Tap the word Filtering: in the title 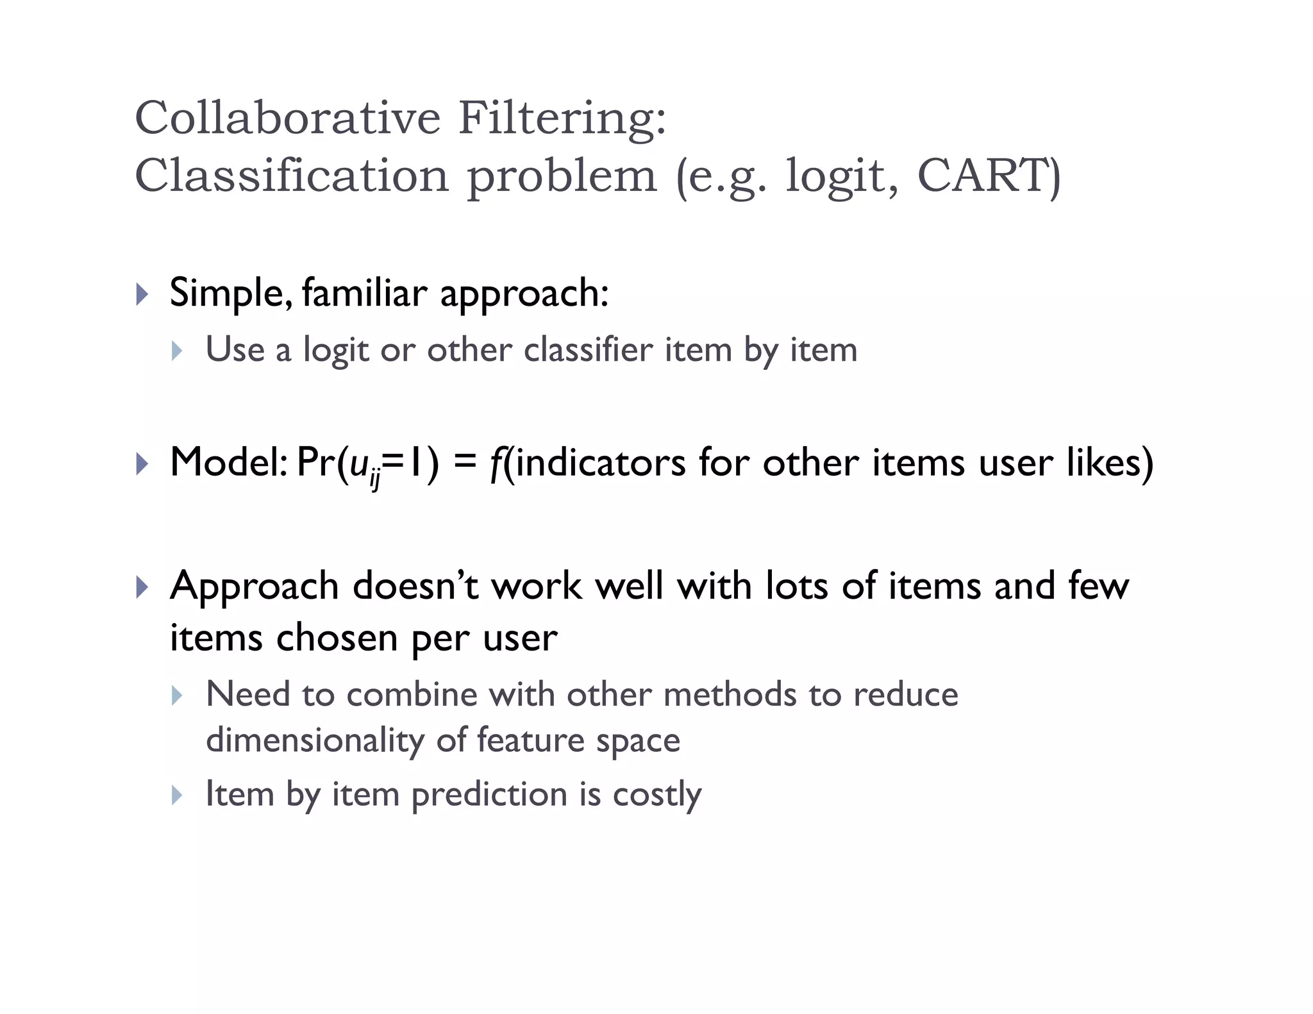pos(562,120)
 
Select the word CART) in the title pos(989,175)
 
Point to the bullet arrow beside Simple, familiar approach pos(142,295)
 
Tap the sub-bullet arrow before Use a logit pos(178,351)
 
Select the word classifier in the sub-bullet pos(587,350)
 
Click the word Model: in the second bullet pos(228,462)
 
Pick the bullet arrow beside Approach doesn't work pos(142,587)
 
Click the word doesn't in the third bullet pos(415,586)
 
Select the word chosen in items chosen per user pos(337,638)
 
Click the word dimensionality pos(315,740)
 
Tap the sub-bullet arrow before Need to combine pos(178,695)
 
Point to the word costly pos(657,795)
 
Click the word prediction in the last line pos(489,795)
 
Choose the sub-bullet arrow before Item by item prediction pos(178,795)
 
